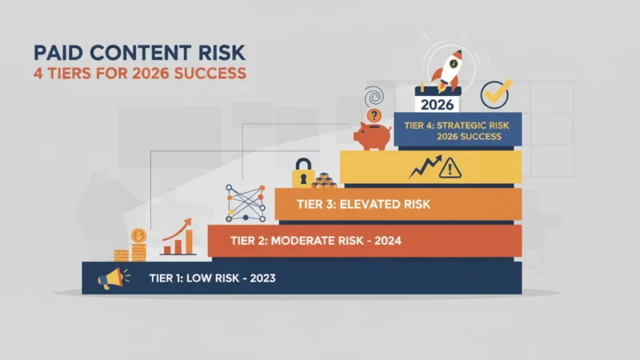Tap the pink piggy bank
click(372, 136)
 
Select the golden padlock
click(303, 173)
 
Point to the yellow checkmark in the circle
click(496, 94)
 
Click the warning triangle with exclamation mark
click(450, 168)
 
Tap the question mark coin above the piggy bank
click(374, 115)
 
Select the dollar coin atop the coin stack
click(138, 236)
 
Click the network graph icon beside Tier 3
click(246, 203)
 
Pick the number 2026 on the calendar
click(437, 105)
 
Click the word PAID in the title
click(58, 53)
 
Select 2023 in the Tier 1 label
click(262, 278)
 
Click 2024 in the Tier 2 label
click(388, 241)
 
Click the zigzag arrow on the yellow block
click(426, 166)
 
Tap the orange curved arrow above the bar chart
click(177, 230)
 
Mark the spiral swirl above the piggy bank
click(374, 97)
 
